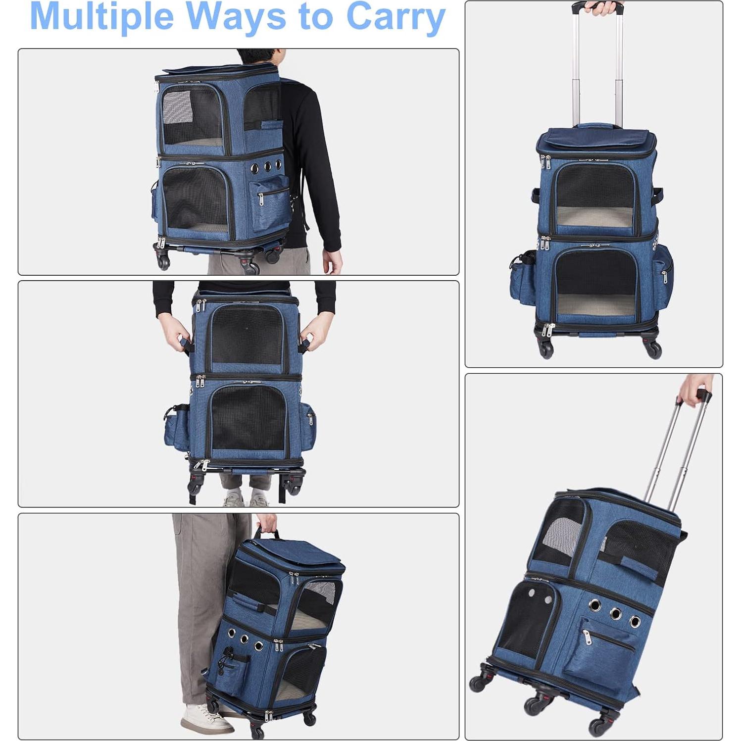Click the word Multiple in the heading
[x=101, y=17]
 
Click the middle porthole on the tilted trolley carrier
[x=615, y=614]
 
